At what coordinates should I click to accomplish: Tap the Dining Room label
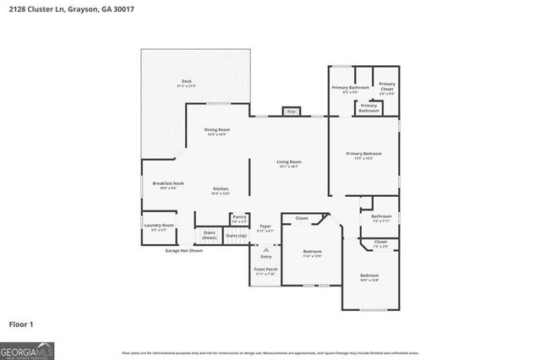(217, 129)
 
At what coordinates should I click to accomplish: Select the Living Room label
(289, 162)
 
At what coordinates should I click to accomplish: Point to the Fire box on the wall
(291, 112)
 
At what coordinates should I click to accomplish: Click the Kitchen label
(221, 188)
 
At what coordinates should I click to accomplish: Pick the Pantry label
(239, 217)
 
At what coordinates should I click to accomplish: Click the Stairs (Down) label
(210, 234)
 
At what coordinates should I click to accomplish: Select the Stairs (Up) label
(238, 234)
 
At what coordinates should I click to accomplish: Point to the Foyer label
(265, 226)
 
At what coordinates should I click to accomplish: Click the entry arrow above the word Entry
(265, 249)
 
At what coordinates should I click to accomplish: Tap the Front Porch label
(265, 270)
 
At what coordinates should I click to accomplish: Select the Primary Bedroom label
(363, 154)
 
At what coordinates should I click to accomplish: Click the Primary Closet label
(386, 85)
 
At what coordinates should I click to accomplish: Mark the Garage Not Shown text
(183, 251)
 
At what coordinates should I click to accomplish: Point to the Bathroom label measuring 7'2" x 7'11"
(380, 217)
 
